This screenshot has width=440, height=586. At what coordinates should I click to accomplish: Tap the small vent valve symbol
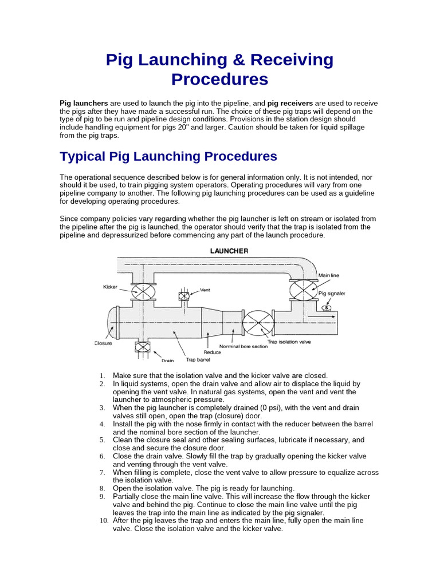coord(184,296)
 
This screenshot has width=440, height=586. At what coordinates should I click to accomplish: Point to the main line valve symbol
coord(304,290)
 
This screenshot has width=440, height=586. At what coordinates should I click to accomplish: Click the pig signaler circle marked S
coord(327,308)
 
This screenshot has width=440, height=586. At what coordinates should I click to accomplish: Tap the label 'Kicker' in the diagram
coord(110,286)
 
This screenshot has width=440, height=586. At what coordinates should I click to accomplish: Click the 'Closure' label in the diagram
coord(103,343)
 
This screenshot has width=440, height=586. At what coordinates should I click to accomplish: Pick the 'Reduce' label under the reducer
coord(212,353)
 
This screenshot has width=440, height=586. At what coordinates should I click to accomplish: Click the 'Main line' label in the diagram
coord(329,275)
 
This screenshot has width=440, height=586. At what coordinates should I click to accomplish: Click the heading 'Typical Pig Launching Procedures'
coord(168,156)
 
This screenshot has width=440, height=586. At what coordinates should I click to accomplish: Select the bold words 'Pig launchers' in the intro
coord(84,103)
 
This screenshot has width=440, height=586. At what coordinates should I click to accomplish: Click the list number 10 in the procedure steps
coord(103,521)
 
